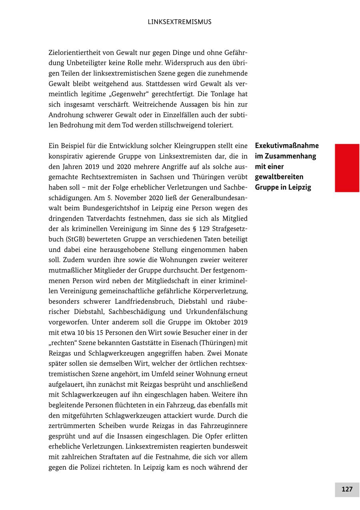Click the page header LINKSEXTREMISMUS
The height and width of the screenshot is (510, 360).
pyautogui.click(x=180, y=22)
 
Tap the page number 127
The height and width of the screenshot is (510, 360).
pyautogui.click(x=347, y=489)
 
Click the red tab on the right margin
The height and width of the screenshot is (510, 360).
pyautogui.click(x=347, y=168)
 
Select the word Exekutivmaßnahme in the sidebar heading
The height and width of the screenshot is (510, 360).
pyautogui.click(x=287, y=146)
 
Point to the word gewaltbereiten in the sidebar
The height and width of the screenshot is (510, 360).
pyautogui.click(x=279, y=177)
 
